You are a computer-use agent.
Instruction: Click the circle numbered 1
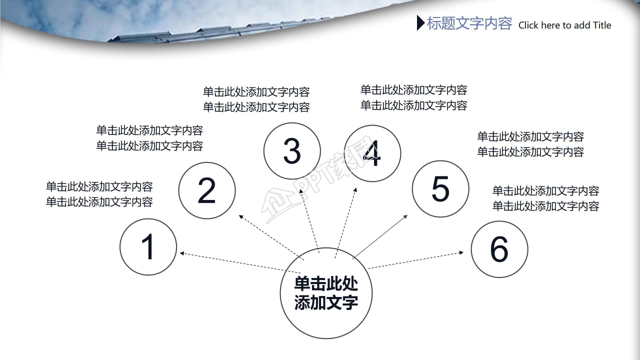point(148,247)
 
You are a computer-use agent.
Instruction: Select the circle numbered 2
point(207,189)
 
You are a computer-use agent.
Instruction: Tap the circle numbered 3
point(292,151)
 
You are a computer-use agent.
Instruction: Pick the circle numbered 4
point(372,153)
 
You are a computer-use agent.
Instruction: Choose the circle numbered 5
point(440,188)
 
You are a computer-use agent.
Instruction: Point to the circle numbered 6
point(499,249)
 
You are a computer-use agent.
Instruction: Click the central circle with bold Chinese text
point(326,293)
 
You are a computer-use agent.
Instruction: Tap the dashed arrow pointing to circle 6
point(415,260)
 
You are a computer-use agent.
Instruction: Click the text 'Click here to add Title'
point(564,25)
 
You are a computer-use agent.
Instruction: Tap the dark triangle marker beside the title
point(420,23)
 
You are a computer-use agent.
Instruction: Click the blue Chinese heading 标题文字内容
point(469,23)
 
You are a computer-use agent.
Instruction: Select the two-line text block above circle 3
point(256,99)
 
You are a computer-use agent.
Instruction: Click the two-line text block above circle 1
point(99,194)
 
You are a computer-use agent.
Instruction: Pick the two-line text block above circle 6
point(545,198)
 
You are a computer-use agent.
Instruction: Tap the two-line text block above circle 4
point(413,97)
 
